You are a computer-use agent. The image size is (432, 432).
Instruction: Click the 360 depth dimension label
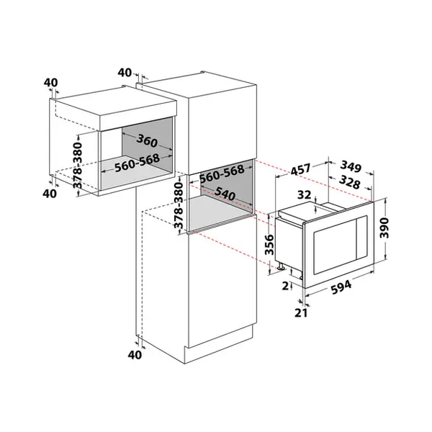(x=147, y=141)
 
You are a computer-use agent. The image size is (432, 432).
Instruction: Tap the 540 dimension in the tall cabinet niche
(x=225, y=194)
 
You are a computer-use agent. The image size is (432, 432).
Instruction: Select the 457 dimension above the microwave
(x=300, y=169)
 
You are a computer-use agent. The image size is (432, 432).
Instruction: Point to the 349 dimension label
(x=351, y=166)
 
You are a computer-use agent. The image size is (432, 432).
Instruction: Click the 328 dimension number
(x=349, y=182)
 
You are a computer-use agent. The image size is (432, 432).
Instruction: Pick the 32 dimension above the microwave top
(x=304, y=195)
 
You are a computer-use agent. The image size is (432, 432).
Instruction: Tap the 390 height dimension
(x=384, y=228)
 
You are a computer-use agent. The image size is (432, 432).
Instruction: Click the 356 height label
(x=269, y=245)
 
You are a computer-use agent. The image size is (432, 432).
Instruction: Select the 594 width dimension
(x=341, y=287)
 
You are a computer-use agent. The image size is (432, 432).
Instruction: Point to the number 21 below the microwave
(x=301, y=312)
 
